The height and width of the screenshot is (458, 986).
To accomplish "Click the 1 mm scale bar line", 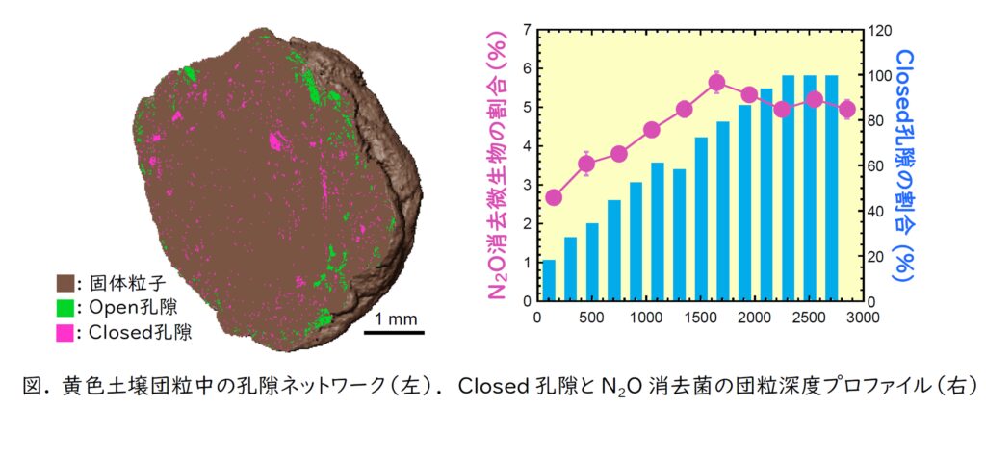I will click(396, 334).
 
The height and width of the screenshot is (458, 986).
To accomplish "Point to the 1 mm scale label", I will click(395, 318).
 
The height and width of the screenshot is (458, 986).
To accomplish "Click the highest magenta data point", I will click(716, 82).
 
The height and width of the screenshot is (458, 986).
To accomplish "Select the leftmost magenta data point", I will click(553, 197).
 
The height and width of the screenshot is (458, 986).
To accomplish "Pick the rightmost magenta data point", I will click(846, 110).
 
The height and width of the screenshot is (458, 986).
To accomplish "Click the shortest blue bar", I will click(549, 280).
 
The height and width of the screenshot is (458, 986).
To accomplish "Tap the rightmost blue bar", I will click(831, 188).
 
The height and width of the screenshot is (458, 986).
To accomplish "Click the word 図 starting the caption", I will click(33, 386).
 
